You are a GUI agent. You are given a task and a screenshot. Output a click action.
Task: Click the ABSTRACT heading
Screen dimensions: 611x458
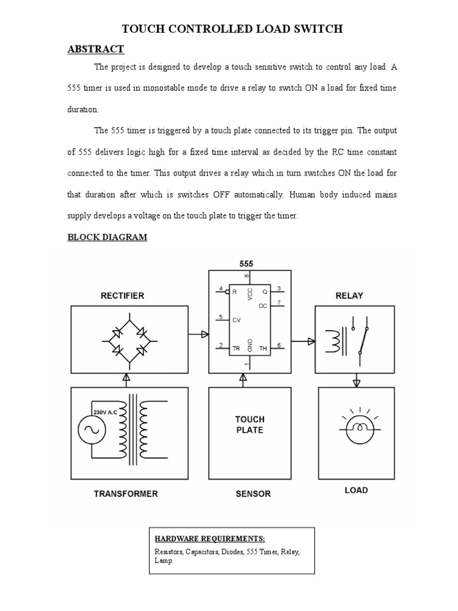[95, 49]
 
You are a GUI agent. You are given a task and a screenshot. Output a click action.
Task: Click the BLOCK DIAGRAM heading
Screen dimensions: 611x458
[107, 237]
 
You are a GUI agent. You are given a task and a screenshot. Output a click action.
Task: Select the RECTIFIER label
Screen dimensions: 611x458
[122, 295]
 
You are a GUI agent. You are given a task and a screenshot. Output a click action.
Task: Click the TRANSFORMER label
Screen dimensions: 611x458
[125, 493]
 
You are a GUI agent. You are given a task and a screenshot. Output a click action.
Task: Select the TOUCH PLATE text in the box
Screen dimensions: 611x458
[249, 424]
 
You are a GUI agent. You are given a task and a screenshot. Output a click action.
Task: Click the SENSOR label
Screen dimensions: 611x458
[249, 493]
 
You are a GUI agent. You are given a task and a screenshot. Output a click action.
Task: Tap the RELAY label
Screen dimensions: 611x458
[349, 295]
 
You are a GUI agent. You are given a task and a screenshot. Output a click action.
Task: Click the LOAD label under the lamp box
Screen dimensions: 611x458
[356, 490]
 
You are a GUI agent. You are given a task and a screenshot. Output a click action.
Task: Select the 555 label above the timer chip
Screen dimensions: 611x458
[247, 263]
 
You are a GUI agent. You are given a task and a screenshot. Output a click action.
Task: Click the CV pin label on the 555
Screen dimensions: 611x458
[236, 320]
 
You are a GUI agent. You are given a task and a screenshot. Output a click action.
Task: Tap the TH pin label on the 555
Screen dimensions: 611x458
[263, 348]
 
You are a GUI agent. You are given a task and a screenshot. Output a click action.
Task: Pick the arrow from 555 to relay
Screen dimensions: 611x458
[304, 341]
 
